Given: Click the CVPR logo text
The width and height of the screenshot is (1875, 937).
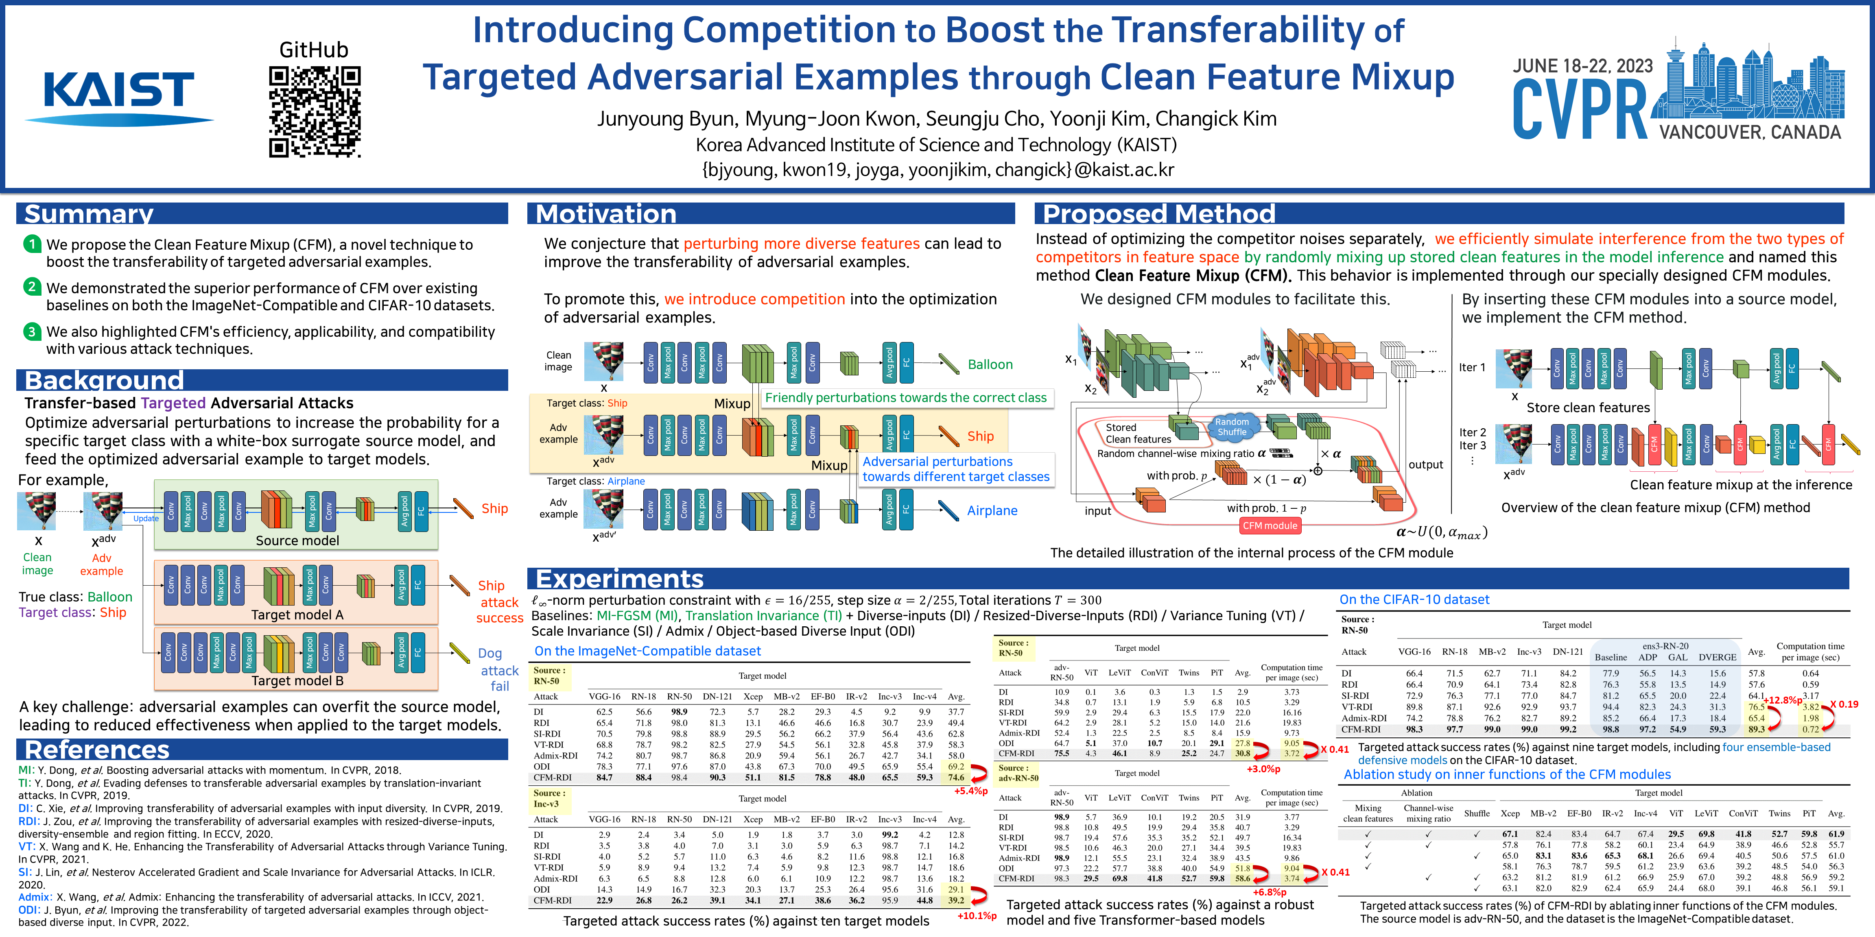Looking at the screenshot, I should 1580,109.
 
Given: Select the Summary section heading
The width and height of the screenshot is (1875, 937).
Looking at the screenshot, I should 89,214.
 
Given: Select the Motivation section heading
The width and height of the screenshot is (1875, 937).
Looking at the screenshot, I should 605,214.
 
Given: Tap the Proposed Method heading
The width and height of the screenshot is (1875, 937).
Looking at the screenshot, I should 1159,214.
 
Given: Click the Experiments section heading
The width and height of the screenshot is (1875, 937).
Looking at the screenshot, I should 619,579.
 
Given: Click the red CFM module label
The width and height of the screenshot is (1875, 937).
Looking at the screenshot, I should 1270,525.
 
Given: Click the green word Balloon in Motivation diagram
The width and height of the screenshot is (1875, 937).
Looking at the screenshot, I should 990,364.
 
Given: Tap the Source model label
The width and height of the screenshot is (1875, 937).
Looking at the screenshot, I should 297,540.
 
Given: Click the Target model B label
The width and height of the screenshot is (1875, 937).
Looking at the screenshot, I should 297,681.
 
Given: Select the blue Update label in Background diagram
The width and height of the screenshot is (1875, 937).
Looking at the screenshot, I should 146,519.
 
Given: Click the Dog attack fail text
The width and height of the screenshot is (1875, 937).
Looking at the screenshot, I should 499,669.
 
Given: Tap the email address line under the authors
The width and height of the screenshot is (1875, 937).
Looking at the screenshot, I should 937,170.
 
